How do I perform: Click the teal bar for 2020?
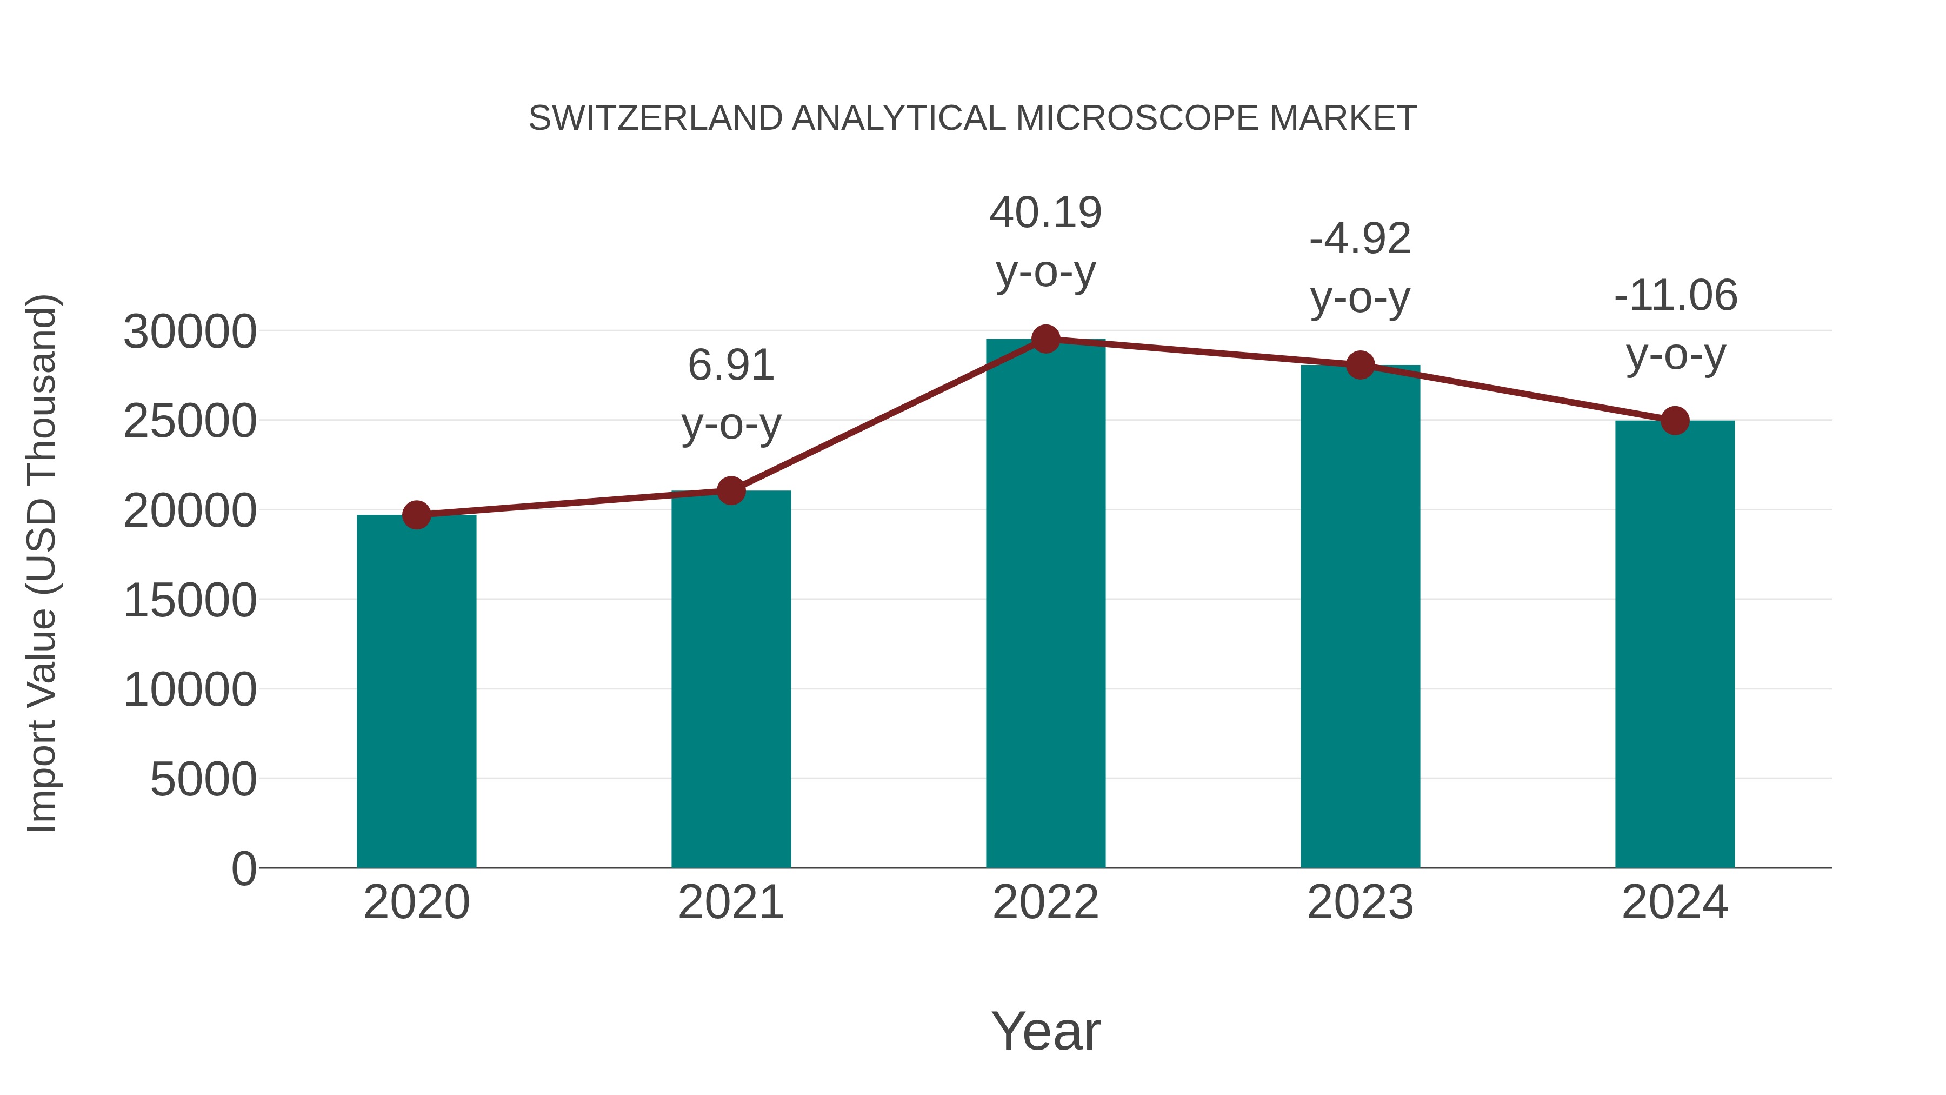tap(416, 692)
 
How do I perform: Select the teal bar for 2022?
tap(1045, 605)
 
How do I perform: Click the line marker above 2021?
tap(730, 491)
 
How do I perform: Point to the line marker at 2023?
tap(1360, 366)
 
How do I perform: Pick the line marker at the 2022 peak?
tap(1045, 339)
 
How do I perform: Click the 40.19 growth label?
tap(1045, 213)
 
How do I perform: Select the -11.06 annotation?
tap(1675, 295)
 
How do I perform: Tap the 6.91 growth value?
tap(730, 366)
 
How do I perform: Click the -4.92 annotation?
tap(1360, 240)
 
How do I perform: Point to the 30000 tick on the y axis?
tap(190, 332)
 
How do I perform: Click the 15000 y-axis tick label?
tap(190, 601)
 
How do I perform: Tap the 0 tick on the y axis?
tap(243, 868)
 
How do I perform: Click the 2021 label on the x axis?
tap(730, 902)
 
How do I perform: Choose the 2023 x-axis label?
tap(1360, 902)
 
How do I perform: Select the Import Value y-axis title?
tap(42, 563)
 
